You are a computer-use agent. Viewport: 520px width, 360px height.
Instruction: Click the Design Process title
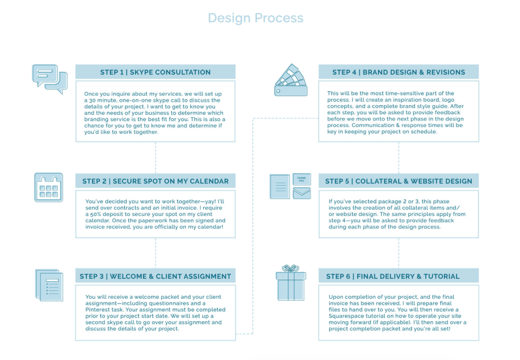tap(255, 18)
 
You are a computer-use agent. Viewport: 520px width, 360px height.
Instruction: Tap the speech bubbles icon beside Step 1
tap(50, 79)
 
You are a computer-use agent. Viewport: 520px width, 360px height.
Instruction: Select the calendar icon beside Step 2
tap(49, 187)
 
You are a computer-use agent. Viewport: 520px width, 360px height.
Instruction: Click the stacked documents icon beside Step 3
tap(49, 285)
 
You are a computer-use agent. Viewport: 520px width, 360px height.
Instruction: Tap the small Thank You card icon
tap(301, 179)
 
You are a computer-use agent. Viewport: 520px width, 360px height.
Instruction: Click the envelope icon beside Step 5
tap(301, 193)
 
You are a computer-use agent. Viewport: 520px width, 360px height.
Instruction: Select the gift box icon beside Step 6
tap(290, 285)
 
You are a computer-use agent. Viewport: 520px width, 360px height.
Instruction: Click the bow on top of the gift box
tap(290, 268)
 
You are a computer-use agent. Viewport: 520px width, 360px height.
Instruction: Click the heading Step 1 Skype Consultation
tap(155, 72)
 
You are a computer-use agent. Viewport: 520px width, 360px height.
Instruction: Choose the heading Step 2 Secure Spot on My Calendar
tap(155, 181)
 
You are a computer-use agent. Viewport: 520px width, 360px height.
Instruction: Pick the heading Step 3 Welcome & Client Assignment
tap(155, 276)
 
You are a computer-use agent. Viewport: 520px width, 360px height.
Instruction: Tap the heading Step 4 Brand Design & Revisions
tap(398, 72)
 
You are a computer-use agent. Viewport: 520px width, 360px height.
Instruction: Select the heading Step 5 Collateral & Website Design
tap(398, 181)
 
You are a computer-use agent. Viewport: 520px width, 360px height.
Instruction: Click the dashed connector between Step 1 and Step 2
tap(155, 158)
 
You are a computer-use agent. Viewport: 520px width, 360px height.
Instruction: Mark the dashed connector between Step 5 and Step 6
tap(398, 253)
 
